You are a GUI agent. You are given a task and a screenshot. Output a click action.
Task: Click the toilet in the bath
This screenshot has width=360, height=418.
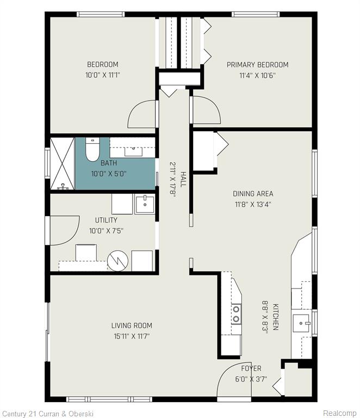pos(92,149)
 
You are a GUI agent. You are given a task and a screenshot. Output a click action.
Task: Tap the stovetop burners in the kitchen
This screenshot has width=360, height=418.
pos(236,313)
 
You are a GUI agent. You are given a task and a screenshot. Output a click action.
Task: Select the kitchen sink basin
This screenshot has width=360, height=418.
pos(301,323)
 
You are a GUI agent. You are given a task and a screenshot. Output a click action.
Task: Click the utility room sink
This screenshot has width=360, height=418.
pos(145,205)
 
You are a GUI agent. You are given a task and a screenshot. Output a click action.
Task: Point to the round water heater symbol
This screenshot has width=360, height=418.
pos(117,261)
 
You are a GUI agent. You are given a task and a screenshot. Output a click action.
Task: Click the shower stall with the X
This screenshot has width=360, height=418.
pos(63,163)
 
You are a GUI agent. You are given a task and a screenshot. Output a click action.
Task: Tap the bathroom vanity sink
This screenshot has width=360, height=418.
pos(133,151)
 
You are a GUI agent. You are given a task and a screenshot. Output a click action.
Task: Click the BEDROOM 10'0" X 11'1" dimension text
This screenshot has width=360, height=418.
pos(103,75)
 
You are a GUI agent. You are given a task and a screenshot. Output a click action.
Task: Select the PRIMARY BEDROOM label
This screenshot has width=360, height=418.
pos(257,65)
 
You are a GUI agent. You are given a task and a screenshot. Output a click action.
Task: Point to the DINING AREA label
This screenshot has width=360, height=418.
pos(253,194)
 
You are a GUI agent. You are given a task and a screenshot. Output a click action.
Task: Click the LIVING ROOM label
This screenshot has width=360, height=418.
pos(132,325)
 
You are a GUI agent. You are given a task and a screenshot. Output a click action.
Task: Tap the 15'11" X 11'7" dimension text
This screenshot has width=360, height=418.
pos(132,336)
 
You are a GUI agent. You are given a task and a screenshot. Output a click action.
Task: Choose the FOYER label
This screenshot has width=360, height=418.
pos(251,368)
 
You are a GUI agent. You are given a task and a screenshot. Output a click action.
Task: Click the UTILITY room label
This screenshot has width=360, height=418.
pos(106,220)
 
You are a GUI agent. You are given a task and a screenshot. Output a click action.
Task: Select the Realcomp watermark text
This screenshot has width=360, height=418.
pos(339,413)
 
